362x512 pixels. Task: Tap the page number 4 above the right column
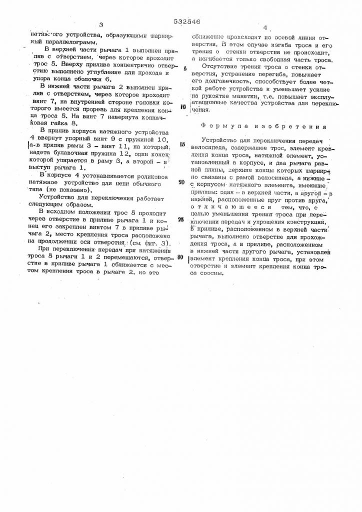click(265, 28)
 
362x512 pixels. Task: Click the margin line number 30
click(180, 257)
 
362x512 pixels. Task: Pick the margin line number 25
click(180, 219)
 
